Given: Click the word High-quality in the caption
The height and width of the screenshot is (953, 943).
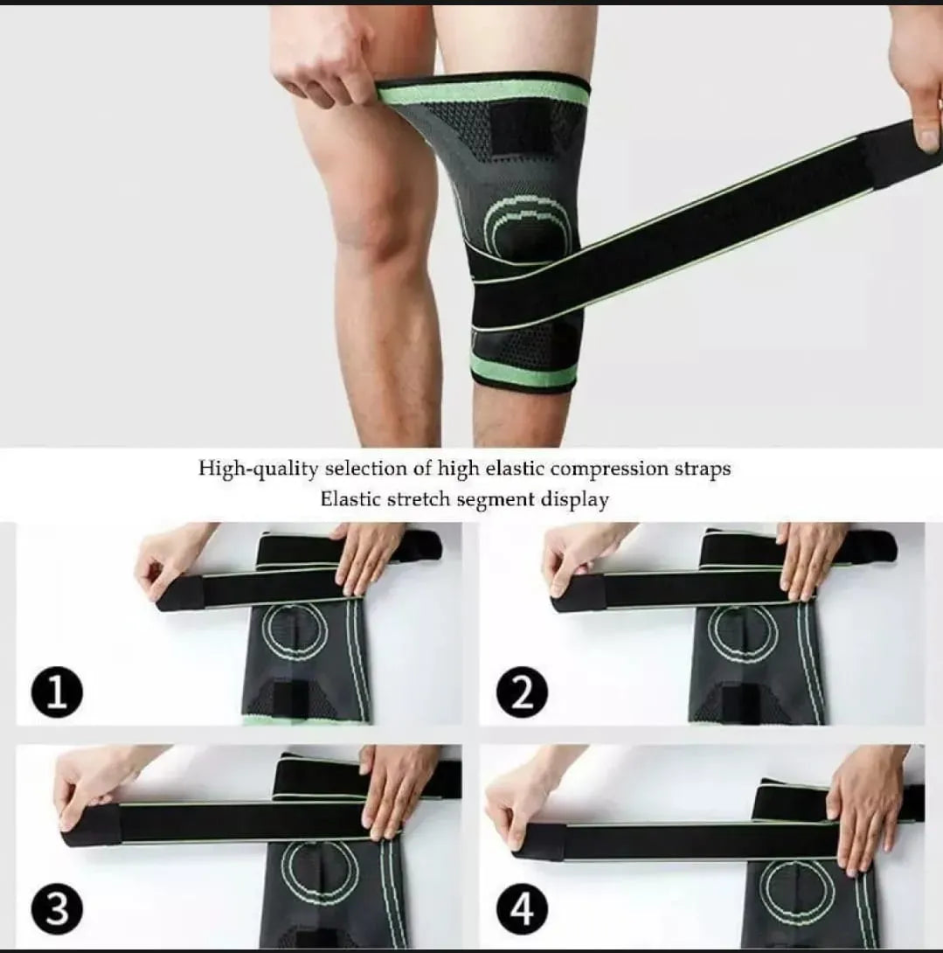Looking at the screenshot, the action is [258, 470].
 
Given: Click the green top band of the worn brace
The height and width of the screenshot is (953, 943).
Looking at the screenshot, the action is [483, 91].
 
